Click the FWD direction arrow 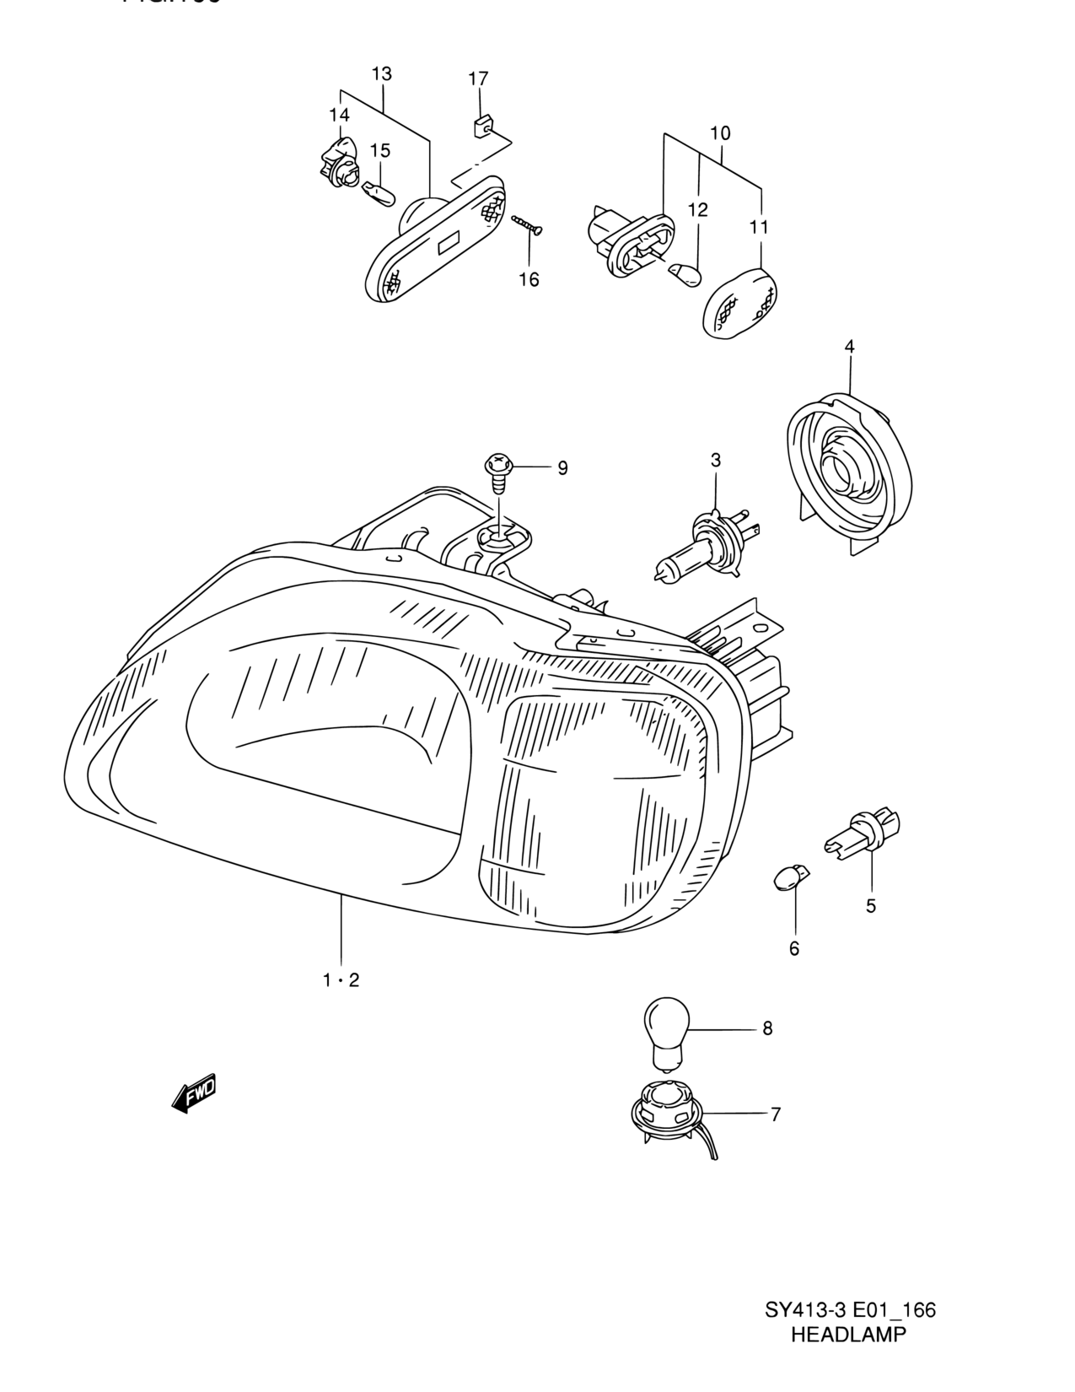(x=194, y=1093)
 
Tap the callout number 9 (x=562, y=468)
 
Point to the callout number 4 (x=849, y=346)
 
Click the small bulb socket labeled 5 (x=862, y=835)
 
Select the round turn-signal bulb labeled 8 (x=666, y=1034)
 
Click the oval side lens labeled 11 (x=740, y=301)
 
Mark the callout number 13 (x=381, y=74)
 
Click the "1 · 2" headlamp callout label (x=341, y=979)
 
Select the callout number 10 (x=720, y=133)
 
